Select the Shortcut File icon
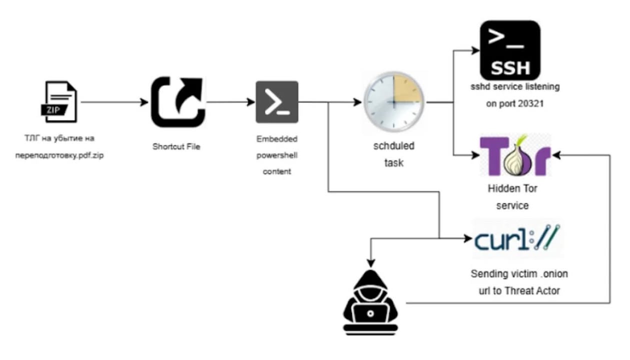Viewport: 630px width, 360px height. pos(178,101)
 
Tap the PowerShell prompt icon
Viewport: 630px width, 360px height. pos(277,102)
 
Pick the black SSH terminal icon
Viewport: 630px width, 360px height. pos(510,49)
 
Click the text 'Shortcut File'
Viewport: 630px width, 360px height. pos(176,146)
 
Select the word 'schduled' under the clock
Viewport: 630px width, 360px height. pos(394,146)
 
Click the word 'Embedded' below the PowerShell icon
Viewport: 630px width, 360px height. pos(277,138)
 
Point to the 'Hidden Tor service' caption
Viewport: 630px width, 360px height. pos(512,197)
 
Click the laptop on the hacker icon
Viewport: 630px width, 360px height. pos(370,314)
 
